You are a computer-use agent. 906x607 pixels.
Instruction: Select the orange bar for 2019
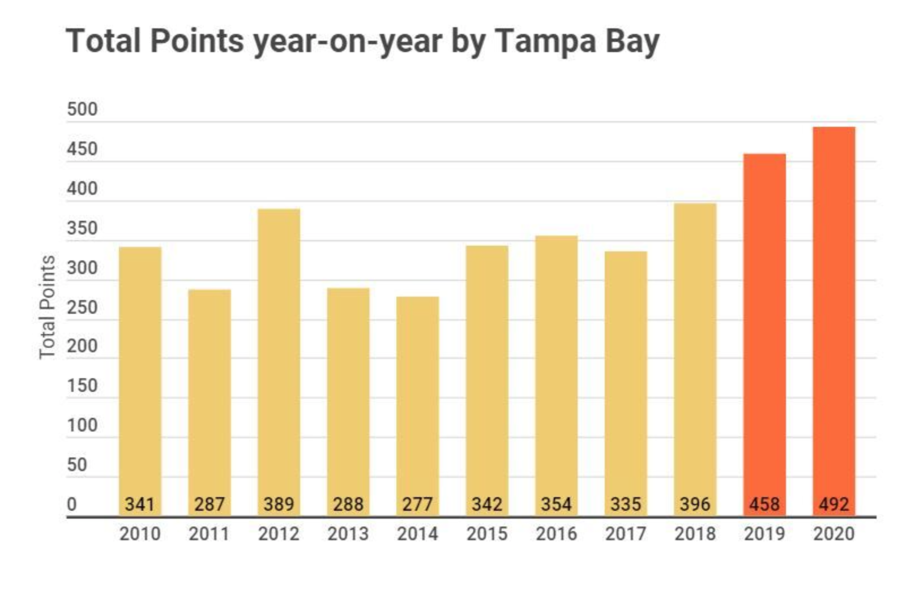(764, 334)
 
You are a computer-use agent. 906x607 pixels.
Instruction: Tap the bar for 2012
(279, 362)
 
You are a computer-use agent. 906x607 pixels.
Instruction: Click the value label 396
(695, 504)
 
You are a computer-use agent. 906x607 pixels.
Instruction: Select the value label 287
(210, 504)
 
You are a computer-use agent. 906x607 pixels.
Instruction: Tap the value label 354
(556, 504)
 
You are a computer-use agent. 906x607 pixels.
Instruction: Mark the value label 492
(834, 504)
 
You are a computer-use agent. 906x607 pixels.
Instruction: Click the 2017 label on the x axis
(625, 534)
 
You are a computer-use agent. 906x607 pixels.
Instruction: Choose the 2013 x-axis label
(348, 534)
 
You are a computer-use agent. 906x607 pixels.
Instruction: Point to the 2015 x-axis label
(487, 534)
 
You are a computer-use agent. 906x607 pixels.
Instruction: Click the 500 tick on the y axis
(82, 109)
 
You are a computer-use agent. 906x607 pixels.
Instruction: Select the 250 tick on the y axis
(82, 307)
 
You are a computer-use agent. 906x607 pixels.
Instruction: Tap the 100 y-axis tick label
(82, 425)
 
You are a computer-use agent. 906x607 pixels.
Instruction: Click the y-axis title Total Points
(48, 307)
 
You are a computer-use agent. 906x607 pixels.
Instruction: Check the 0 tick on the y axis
(72, 504)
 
